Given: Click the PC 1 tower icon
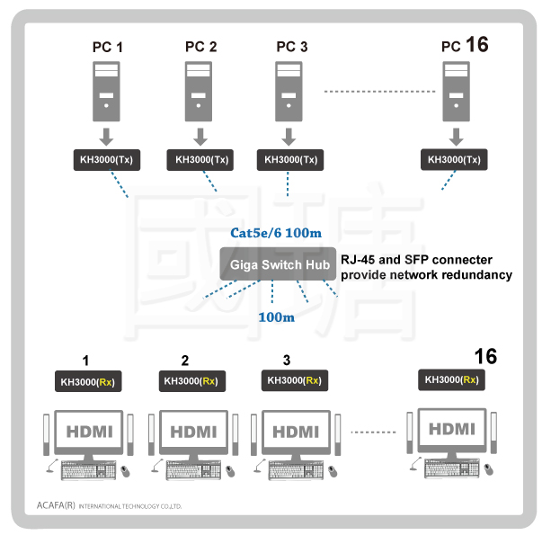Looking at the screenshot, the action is [106, 92].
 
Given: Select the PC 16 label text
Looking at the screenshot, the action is [465, 45].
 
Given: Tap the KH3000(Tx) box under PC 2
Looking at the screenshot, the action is [200, 160].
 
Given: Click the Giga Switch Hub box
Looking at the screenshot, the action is [278, 263].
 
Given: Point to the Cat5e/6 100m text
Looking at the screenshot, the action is [276, 233].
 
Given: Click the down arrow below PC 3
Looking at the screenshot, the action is [289, 137].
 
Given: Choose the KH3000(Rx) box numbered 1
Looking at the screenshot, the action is [88, 381].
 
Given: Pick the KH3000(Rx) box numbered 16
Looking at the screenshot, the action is [451, 379].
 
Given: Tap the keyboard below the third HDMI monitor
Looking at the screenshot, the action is [296, 469].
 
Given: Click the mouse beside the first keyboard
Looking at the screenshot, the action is [125, 471].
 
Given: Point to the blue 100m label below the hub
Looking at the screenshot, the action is [277, 317].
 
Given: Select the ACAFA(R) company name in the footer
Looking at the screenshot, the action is [56, 505].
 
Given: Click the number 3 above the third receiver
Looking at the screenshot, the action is [287, 361].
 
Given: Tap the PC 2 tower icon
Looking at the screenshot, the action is [199, 92].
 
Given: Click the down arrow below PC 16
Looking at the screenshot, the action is [457, 137].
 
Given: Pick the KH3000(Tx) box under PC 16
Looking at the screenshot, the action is [454, 159].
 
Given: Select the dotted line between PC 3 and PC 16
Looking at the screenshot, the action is [379, 92].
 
